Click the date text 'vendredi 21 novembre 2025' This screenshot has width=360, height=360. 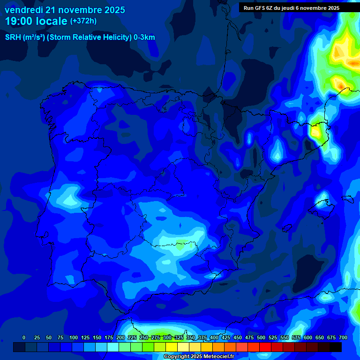65,10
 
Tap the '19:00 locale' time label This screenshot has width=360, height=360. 36,21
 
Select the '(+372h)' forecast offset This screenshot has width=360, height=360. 83,21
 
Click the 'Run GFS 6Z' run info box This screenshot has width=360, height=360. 291,7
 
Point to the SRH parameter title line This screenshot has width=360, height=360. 80,37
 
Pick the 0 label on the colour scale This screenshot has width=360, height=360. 24,337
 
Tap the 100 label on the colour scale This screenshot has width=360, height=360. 74,337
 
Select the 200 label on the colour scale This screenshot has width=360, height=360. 120,337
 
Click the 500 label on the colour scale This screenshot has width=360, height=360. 261,337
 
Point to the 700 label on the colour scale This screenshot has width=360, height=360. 343,337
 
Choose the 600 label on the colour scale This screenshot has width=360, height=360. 308,337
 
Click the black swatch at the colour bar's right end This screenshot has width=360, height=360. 335,347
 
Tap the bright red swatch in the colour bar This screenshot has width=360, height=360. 265,347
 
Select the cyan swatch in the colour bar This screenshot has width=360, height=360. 112,347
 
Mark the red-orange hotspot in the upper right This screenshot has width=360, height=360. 341,85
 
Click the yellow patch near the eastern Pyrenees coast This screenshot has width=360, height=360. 316,132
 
